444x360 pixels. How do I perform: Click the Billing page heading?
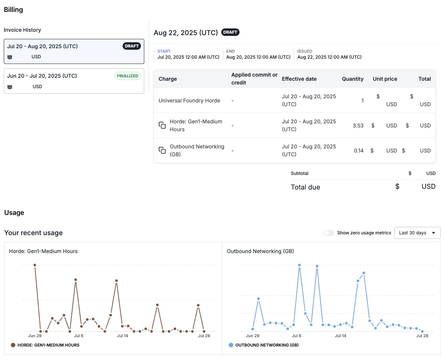coord(13,10)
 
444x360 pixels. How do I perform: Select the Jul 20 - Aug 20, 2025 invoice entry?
coord(74,51)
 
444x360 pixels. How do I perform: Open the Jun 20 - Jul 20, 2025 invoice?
coord(74,81)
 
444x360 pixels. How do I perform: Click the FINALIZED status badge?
coord(127,76)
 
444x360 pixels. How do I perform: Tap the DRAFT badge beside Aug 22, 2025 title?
coord(230,32)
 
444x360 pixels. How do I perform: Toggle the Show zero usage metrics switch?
coord(329,233)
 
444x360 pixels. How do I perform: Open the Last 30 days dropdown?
coord(417,233)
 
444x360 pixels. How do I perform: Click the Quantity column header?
coord(352,79)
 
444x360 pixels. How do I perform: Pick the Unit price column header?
coord(385,79)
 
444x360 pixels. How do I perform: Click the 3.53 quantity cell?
coord(358,126)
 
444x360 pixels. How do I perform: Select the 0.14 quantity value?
coord(358,151)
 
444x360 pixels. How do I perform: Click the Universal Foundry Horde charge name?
coord(189,101)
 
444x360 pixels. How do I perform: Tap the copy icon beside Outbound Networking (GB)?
coord(162,150)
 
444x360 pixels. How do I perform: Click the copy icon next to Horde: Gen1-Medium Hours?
coord(162,125)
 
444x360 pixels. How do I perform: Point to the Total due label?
coord(305,187)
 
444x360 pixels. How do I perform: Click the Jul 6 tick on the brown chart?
coord(78,336)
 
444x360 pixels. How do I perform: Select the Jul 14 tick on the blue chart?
coord(340,336)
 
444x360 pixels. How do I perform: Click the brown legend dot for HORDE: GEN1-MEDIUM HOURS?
coord(13,345)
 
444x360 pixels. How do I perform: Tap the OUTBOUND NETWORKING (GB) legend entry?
coord(266,345)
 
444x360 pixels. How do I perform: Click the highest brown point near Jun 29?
coord(35,265)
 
